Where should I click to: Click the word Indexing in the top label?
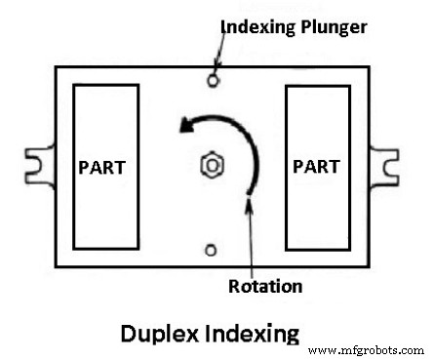click(x=258, y=26)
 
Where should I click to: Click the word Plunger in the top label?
click(x=333, y=26)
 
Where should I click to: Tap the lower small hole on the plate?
click(x=210, y=250)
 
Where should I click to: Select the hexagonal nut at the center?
click(x=210, y=165)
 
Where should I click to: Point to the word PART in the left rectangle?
click(x=101, y=166)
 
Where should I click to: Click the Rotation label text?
click(x=264, y=286)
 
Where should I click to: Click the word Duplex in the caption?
click(x=160, y=334)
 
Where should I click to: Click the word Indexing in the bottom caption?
click(x=251, y=334)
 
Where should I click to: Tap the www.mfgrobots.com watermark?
click(x=366, y=348)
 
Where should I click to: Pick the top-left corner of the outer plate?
click(x=56, y=65)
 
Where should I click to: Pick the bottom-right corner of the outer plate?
click(x=372, y=266)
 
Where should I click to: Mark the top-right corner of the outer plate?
click(x=372, y=65)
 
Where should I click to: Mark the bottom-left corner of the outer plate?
click(x=56, y=266)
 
